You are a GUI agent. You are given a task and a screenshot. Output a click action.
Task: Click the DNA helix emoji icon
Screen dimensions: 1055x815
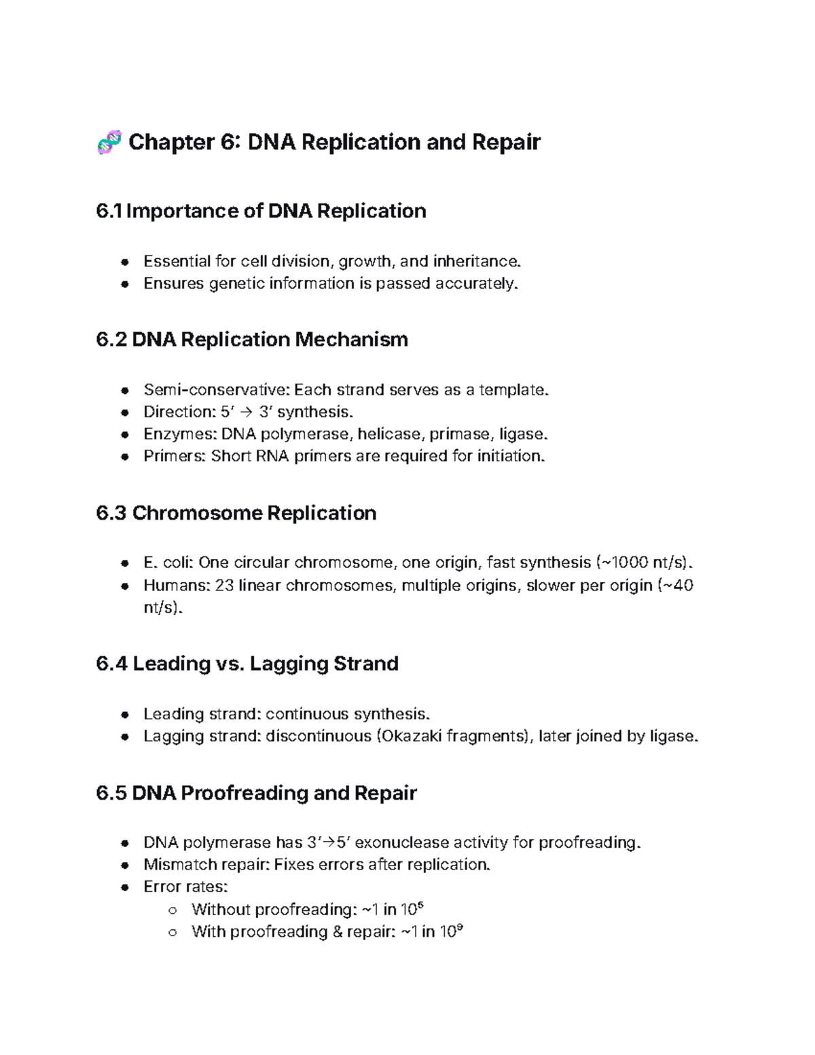click(x=109, y=143)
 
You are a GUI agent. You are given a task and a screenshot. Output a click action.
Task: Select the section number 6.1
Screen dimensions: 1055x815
click(x=109, y=211)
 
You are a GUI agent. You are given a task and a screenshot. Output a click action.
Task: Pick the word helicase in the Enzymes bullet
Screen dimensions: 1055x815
click(x=389, y=434)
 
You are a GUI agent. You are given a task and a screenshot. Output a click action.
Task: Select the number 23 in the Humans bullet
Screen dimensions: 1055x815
click(x=224, y=586)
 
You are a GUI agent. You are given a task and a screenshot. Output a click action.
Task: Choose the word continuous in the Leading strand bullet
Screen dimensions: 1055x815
click(x=303, y=714)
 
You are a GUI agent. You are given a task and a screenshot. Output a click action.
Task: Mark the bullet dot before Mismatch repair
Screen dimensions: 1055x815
click(x=124, y=865)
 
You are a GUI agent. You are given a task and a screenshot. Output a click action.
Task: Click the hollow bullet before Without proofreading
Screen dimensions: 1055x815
click(x=173, y=910)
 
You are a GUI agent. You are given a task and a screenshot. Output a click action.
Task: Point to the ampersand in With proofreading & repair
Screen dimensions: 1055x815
click(x=338, y=932)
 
